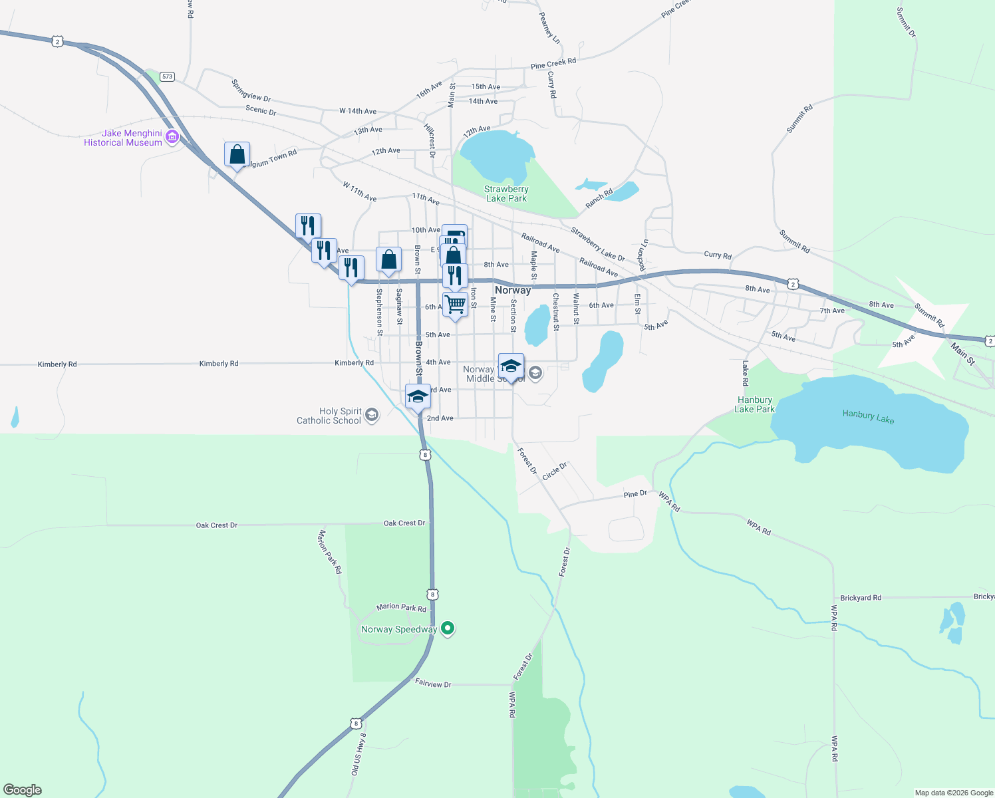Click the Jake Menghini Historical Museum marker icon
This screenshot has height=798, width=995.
(x=172, y=137)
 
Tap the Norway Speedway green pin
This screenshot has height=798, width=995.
(x=448, y=628)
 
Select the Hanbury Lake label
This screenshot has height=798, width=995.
(x=868, y=416)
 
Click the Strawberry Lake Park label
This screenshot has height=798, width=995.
(x=506, y=194)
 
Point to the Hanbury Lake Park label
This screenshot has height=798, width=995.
(x=754, y=404)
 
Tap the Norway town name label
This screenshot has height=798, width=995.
(x=513, y=290)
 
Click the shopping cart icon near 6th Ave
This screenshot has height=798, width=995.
(x=456, y=305)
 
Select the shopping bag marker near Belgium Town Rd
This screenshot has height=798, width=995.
(x=237, y=155)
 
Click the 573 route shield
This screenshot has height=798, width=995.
(x=167, y=76)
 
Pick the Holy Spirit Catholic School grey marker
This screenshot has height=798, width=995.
(x=372, y=416)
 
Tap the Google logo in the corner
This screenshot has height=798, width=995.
(x=23, y=789)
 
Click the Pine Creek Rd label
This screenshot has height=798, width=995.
(x=553, y=64)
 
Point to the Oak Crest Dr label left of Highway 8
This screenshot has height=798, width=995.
(x=216, y=525)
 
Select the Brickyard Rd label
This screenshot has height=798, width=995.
(x=860, y=598)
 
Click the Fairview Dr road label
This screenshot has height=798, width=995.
(x=433, y=683)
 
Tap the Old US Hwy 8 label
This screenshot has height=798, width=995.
(x=358, y=753)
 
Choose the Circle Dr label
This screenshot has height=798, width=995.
(x=554, y=471)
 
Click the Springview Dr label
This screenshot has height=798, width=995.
(x=251, y=90)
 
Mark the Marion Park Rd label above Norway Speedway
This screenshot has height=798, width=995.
(x=401, y=607)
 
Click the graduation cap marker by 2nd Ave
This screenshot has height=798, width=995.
(x=418, y=397)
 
